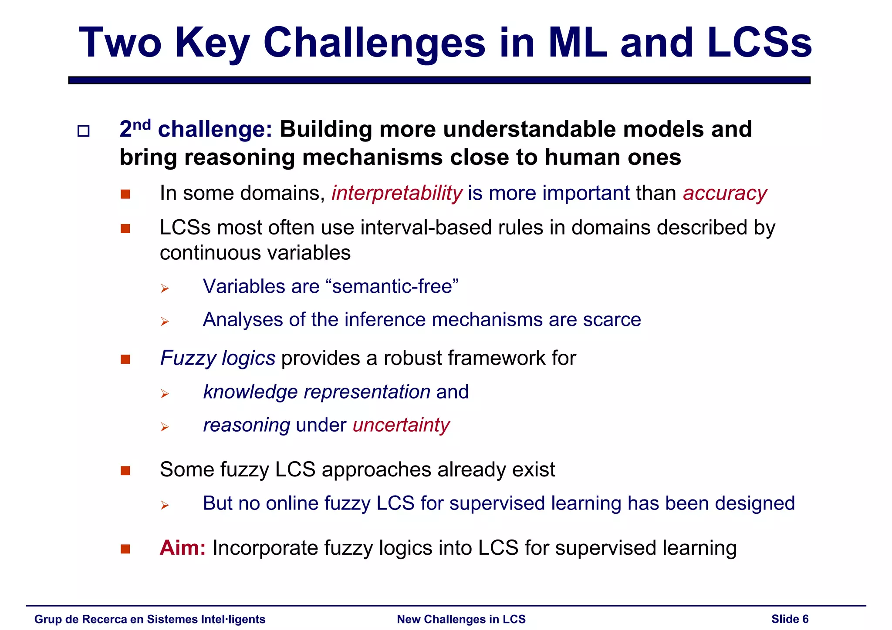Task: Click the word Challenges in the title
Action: click(x=374, y=44)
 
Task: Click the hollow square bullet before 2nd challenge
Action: click(x=83, y=131)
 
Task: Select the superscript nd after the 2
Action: click(x=141, y=125)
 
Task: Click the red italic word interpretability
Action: click(x=396, y=193)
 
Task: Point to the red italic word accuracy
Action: click(x=725, y=193)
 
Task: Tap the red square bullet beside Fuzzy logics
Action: click(x=125, y=359)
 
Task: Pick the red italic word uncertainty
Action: click(x=401, y=425)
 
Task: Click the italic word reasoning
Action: click(x=247, y=425)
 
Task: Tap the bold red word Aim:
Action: click(x=182, y=548)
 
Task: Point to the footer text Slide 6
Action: click(x=790, y=619)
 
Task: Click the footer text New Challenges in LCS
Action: click(x=461, y=619)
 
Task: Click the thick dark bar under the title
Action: click(x=439, y=80)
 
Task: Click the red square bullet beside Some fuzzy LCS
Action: click(x=125, y=471)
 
